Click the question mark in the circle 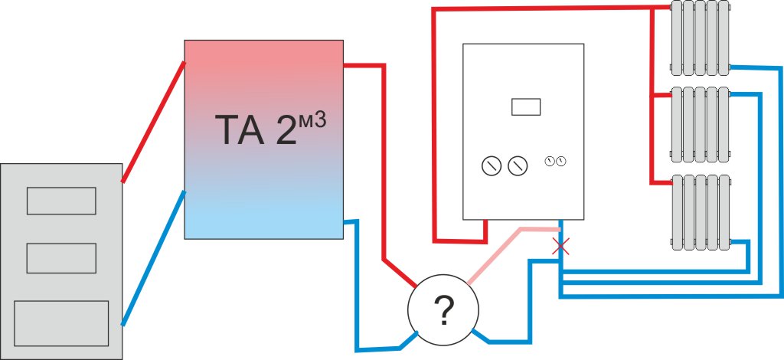443,310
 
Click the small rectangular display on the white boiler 525,106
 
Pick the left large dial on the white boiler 492,165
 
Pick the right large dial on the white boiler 518,165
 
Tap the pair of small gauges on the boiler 556,161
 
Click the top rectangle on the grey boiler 61,201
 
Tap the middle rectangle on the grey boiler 61,258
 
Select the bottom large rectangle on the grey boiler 61,323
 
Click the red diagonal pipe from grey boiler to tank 153,122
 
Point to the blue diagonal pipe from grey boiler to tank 153,258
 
